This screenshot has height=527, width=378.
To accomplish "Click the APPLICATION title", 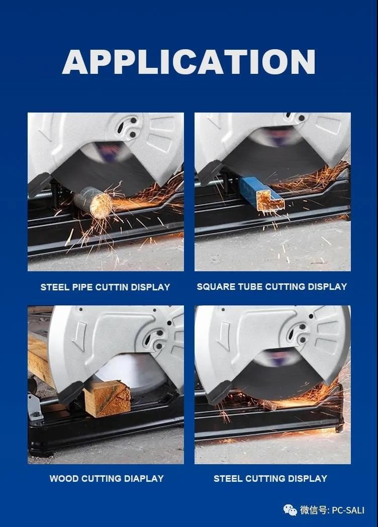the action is pyautogui.click(x=188, y=61).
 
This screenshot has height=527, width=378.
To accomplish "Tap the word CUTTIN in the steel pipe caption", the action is pyautogui.click(x=112, y=287).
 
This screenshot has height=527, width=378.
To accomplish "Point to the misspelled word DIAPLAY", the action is pyautogui.click(x=144, y=478).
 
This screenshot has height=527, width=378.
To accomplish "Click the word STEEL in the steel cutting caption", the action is pyautogui.click(x=228, y=478).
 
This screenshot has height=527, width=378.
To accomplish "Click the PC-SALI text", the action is pyautogui.click(x=348, y=510).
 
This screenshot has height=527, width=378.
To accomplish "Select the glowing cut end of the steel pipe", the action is pyautogui.click(x=101, y=203).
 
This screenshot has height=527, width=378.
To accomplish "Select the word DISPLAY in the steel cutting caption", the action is pyautogui.click(x=308, y=478).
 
